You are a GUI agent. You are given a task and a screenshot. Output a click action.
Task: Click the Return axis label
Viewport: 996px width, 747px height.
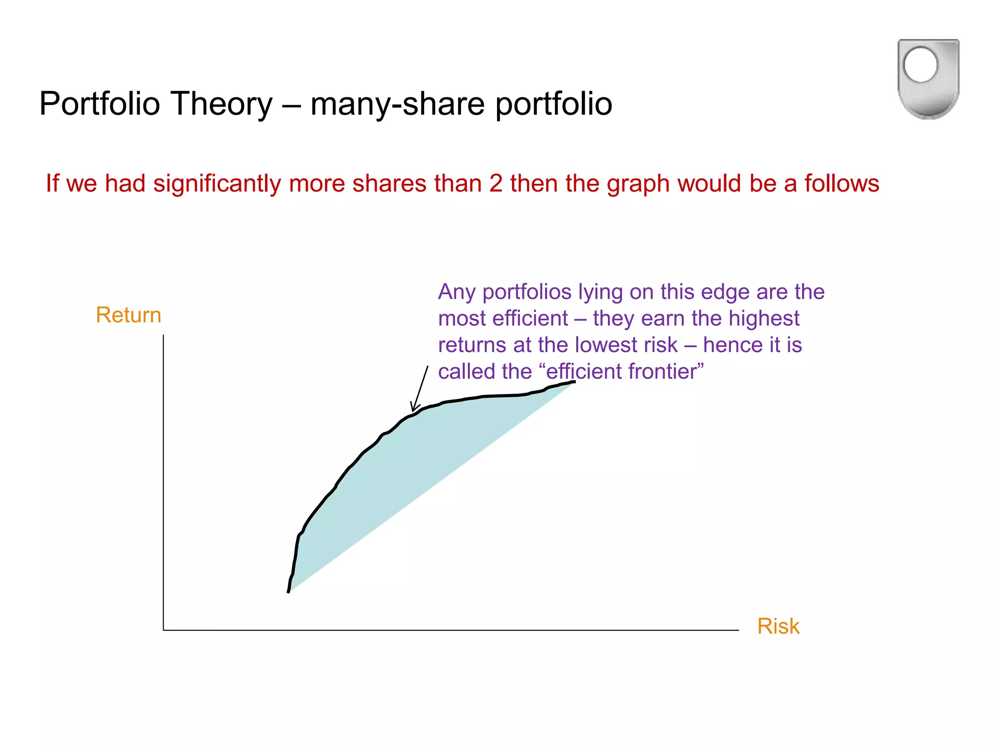pyautogui.click(x=128, y=315)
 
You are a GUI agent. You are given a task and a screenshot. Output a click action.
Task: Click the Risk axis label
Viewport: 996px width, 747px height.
pyautogui.click(x=778, y=626)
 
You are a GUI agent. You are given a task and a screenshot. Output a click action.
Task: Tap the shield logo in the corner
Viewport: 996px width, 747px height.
pyautogui.click(x=928, y=79)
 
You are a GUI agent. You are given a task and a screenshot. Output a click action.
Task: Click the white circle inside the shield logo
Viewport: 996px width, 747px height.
pyautogui.click(x=920, y=65)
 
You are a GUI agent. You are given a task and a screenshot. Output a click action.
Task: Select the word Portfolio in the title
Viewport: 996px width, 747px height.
pyautogui.click(x=100, y=104)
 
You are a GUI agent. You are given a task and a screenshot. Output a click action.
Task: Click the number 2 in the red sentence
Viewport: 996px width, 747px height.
pyautogui.click(x=496, y=184)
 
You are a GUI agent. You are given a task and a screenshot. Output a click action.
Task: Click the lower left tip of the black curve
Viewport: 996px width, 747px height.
pyautogui.click(x=288, y=591)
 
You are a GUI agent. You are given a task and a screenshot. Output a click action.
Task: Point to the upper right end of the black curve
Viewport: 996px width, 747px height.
pyautogui.click(x=574, y=382)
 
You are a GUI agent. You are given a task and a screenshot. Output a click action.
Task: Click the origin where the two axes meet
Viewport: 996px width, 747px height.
pyautogui.click(x=163, y=630)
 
